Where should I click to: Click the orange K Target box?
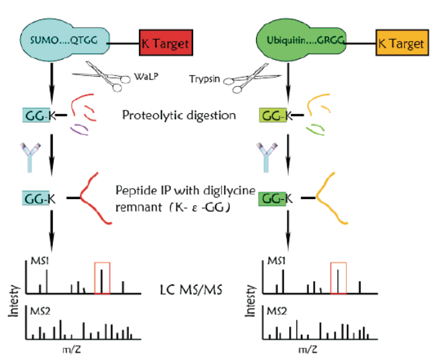pos(401,44)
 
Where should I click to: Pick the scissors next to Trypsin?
pos(245,75)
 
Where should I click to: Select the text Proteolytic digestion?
pos(179,115)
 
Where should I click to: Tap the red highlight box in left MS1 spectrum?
pos(102,278)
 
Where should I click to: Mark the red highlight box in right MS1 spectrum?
pos(339,278)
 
